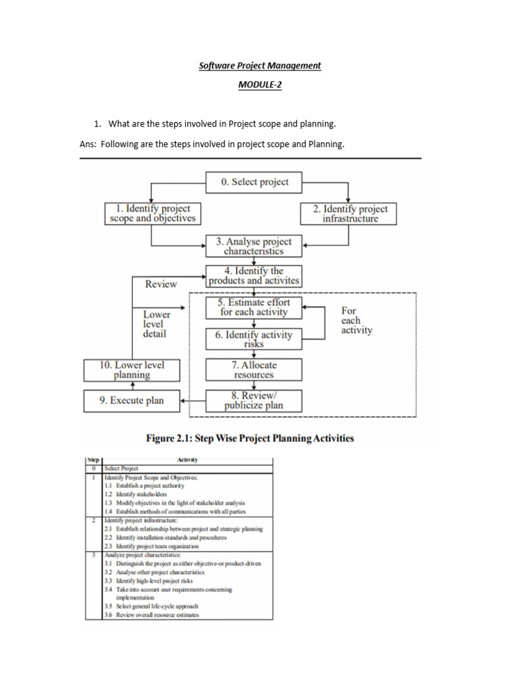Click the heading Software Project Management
click(260, 66)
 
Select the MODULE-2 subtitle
click(260, 85)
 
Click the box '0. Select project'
click(254, 182)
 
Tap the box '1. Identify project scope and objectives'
click(153, 213)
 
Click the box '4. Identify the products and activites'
click(254, 276)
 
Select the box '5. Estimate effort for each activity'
click(254, 307)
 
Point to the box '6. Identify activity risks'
click(254, 339)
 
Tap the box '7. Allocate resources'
click(254, 369)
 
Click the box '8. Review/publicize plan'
click(254, 401)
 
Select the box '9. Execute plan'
click(132, 401)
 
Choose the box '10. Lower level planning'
click(132, 369)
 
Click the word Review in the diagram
click(161, 284)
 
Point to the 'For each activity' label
click(356, 320)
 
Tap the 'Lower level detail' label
click(157, 324)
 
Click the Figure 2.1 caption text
click(250, 438)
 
